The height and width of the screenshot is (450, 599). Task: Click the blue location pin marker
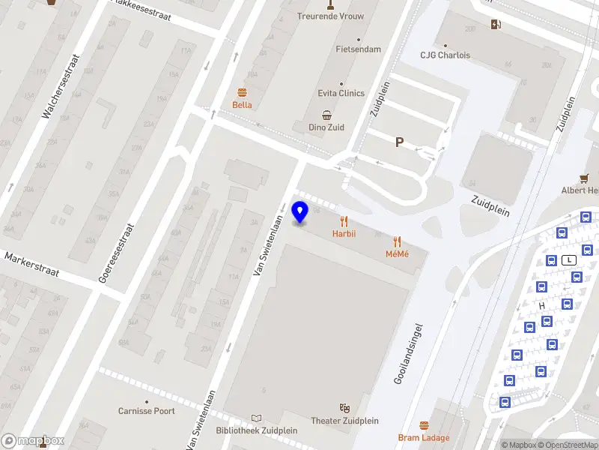[300, 212]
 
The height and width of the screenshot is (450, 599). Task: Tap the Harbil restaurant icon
[344, 221]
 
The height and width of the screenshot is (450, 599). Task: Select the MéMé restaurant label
[397, 253]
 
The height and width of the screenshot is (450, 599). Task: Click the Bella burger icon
[242, 93]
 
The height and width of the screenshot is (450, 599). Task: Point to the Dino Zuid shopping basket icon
[327, 115]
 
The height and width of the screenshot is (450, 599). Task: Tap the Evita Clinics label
[341, 93]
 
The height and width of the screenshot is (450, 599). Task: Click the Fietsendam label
[358, 49]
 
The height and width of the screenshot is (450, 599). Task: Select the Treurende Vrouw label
[329, 16]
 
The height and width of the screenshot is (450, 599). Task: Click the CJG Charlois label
[445, 55]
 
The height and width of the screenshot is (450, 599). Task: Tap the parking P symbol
[399, 142]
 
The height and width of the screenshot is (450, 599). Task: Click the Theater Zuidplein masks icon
[344, 407]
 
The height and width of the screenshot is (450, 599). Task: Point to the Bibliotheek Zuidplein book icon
[257, 418]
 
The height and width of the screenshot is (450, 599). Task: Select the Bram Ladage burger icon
[425, 426]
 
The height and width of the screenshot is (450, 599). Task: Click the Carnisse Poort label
[147, 411]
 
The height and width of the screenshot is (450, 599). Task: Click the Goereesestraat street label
[116, 253]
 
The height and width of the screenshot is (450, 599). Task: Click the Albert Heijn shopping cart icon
[584, 178]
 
